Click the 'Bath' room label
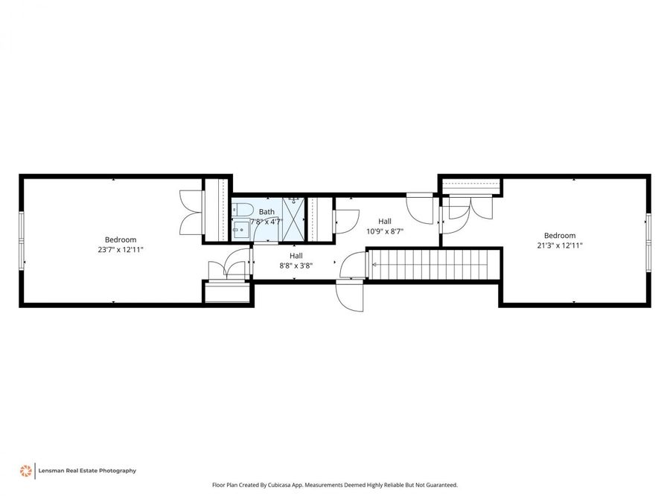266,212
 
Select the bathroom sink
240,230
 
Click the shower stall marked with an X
293,219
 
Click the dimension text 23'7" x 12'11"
120,250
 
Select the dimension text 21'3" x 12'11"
559,245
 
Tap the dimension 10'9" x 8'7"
385,231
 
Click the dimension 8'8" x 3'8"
296,266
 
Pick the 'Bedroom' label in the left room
120,239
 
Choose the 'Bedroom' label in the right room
559,235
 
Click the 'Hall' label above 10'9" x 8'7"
385,221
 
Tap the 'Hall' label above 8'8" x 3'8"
296,255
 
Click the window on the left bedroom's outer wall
22,238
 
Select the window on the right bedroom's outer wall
648,241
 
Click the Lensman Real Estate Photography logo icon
25,471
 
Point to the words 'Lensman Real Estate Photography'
88,471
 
